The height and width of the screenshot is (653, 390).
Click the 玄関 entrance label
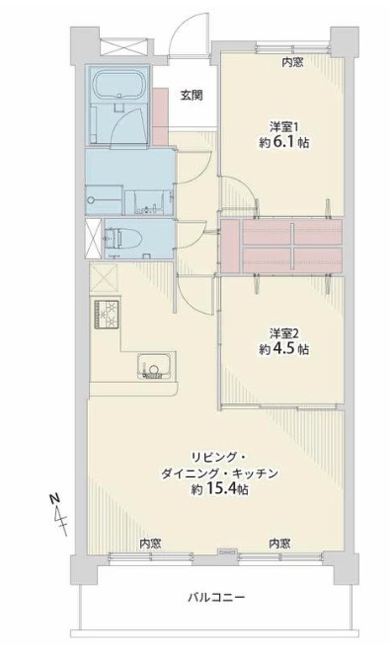192,96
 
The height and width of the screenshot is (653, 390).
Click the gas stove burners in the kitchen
107,315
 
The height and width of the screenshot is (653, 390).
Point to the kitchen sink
155,367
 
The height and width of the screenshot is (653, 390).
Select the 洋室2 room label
284,333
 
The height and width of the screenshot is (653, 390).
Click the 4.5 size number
285,349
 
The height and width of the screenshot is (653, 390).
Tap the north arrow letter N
54,499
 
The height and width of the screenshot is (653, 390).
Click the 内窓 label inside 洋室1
292,62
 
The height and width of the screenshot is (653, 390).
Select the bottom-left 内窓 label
150,544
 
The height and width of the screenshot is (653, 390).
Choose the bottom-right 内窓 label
279,544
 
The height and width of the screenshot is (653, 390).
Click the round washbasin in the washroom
91,199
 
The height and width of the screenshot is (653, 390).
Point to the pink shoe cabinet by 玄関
160,116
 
